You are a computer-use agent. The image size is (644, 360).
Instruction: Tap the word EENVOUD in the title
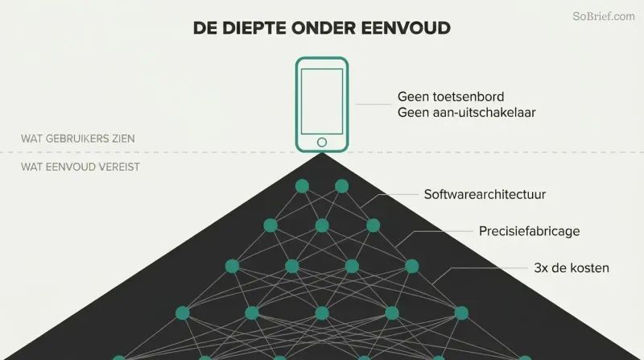tap(406, 28)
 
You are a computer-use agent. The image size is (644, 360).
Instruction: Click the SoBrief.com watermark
tap(603, 16)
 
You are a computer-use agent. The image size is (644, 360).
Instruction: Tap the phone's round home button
tap(322, 143)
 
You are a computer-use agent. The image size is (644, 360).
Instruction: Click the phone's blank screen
tap(322, 101)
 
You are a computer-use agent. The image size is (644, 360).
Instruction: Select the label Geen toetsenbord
tap(451, 97)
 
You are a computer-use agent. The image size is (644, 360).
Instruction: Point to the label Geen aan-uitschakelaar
tap(467, 113)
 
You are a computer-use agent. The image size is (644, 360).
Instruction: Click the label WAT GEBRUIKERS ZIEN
tap(78, 139)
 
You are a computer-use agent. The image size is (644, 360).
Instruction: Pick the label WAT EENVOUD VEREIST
tap(80, 167)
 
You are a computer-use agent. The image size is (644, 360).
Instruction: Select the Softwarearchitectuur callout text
tap(485, 194)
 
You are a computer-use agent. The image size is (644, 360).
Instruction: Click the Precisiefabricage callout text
tap(530, 231)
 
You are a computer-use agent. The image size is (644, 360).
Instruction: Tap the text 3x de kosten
tap(572, 268)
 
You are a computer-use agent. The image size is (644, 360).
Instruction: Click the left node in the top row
tap(302, 186)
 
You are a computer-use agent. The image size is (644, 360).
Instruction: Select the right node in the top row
tap(341, 186)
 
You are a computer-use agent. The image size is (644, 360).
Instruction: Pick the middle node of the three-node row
tap(322, 226)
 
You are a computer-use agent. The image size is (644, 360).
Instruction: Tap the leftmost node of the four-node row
tap(232, 267)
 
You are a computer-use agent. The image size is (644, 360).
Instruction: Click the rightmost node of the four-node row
tap(411, 267)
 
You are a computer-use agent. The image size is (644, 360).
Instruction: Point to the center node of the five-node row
tap(322, 313)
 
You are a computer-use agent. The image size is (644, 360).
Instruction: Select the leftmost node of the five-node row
tap(183, 313)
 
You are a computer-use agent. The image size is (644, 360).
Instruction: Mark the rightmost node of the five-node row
tap(461, 313)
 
